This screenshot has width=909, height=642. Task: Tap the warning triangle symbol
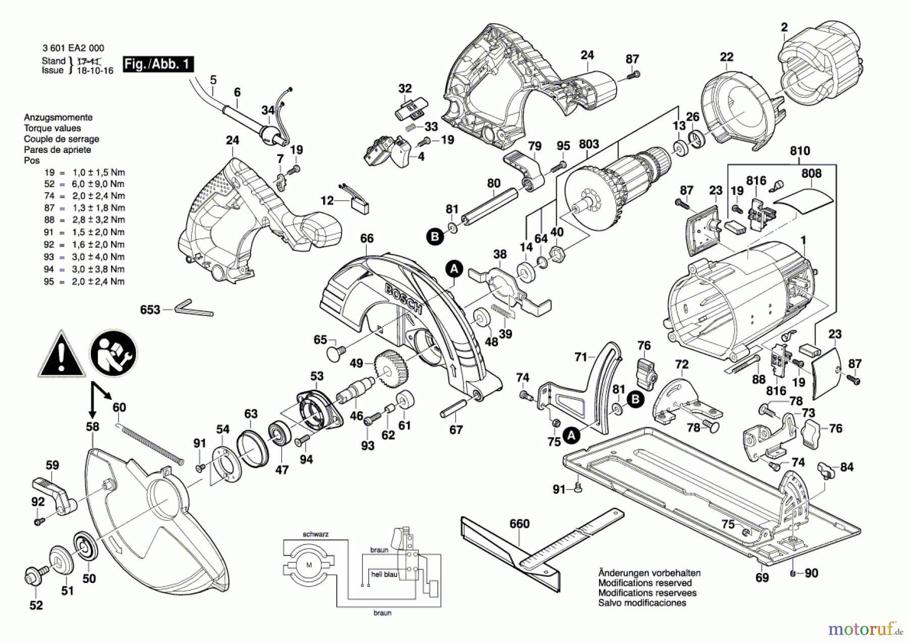click(x=61, y=355)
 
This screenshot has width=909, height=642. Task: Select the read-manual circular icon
click(x=113, y=354)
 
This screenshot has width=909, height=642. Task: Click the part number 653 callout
click(x=150, y=310)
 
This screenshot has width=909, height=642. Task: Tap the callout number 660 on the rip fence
click(x=519, y=524)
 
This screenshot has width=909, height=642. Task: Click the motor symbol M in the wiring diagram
click(x=309, y=565)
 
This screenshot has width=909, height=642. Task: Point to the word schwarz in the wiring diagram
click(x=316, y=534)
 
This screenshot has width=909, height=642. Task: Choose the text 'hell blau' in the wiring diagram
click(x=384, y=574)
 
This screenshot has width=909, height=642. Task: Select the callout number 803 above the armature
click(x=589, y=144)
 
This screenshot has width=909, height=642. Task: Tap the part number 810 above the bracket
click(x=800, y=151)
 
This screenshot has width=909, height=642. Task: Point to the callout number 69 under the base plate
click(x=762, y=577)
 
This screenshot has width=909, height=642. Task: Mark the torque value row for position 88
click(x=84, y=220)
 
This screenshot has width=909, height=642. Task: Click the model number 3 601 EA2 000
click(x=73, y=48)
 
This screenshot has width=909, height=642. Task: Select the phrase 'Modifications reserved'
click(x=645, y=583)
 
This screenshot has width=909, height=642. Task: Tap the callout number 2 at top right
click(x=784, y=27)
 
